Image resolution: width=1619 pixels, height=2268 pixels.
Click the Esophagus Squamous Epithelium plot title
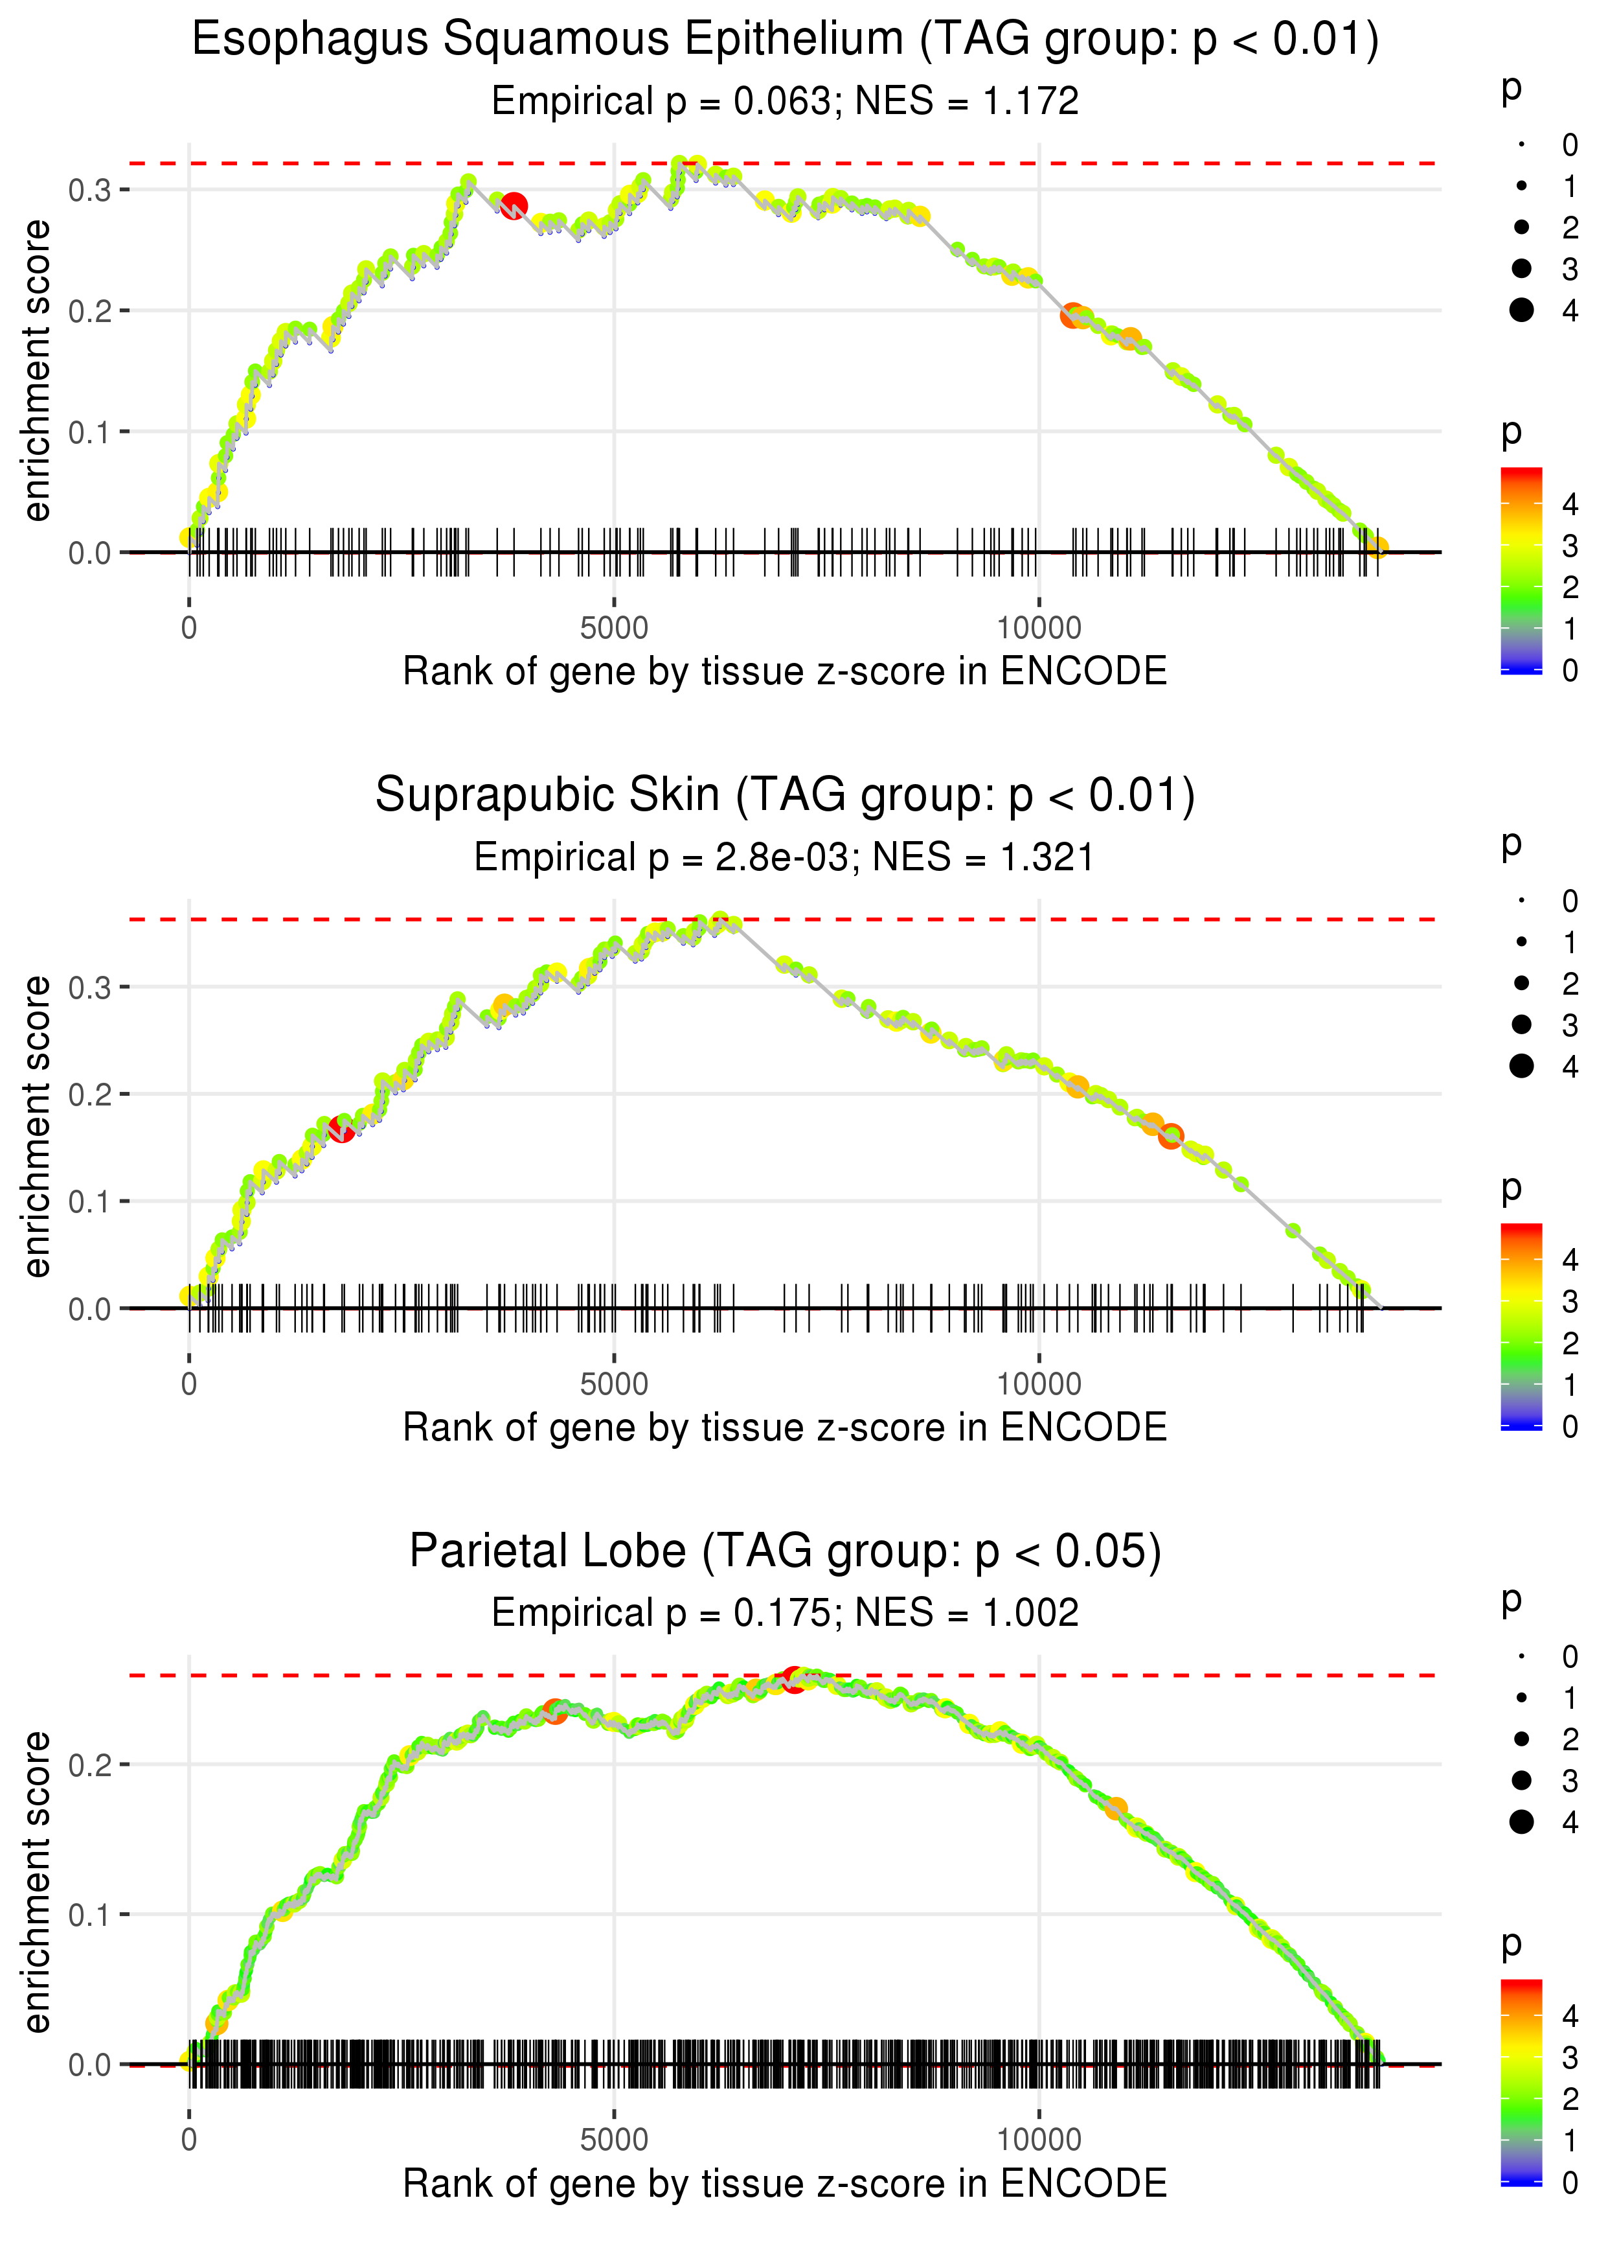785,40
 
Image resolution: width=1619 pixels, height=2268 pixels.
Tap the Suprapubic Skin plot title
785,795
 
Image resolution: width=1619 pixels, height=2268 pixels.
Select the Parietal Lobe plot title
785,1551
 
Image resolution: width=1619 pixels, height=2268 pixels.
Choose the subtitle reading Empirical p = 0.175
785,1613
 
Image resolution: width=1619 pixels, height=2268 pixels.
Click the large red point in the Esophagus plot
514,205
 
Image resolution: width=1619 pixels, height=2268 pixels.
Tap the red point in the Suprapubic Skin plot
341,1129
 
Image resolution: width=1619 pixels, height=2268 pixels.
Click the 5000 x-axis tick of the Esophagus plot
613,629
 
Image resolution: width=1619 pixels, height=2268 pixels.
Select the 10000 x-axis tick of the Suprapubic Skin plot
1039,1384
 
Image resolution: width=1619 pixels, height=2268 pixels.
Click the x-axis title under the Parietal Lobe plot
785,2183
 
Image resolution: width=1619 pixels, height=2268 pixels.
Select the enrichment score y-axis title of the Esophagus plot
37,371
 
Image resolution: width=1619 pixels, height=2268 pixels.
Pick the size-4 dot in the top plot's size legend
1521,310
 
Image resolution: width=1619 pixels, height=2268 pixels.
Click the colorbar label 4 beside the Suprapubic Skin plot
1569,1260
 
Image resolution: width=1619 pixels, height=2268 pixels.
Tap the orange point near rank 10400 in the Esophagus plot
1072,315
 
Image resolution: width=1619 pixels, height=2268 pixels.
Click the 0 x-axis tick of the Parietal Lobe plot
189,2139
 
